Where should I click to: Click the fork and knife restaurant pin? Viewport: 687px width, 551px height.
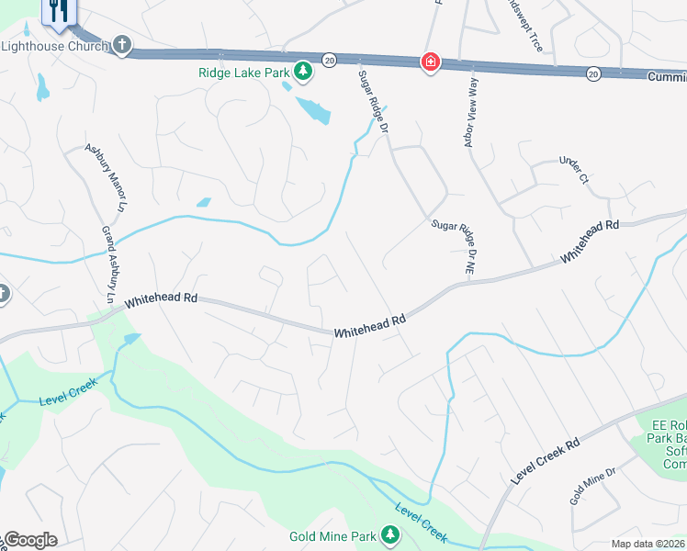(x=60, y=11)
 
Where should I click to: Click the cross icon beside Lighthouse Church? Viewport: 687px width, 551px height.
(x=122, y=45)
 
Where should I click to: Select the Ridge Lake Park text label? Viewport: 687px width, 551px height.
(x=244, y=72)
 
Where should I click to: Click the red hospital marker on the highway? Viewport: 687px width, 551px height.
(x=429, y=62)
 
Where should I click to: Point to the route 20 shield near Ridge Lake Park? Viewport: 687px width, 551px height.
(x=329, y=60)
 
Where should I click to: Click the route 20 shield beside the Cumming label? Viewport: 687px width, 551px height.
(x=593, y=73)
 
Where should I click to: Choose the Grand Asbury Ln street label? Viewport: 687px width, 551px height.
(x=107, y=266)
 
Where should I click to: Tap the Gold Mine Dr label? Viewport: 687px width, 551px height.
(x=592, y=485)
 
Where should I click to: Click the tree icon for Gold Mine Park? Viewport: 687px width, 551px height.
(x=391, y=534)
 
